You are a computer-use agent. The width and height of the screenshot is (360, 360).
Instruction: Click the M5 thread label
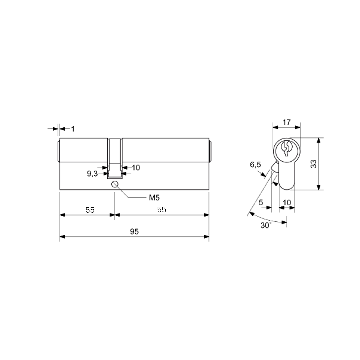click(154, 197)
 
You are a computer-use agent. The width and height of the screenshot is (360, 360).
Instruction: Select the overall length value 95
click(134, 231)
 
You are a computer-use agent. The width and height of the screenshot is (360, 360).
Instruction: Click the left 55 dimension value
click(90, 210)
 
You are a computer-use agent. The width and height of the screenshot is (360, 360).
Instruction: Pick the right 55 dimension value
click(162, 210)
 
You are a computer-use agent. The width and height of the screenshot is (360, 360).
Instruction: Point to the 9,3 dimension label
click(92, 174)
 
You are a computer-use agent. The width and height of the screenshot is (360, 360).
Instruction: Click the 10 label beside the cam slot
click(136, 168)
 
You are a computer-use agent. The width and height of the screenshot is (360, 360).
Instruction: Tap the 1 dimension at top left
click(73, 129)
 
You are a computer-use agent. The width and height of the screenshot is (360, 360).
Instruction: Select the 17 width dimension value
click(287, 122)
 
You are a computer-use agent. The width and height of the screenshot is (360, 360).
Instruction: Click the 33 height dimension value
click(313, 164)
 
